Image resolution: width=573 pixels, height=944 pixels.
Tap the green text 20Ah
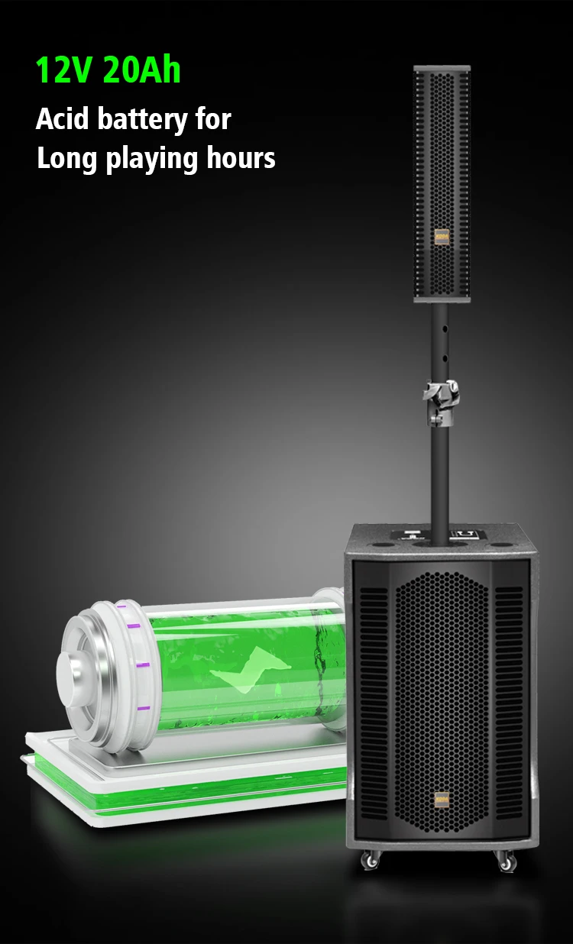click(141, 70)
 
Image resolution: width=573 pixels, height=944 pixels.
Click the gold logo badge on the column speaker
click(442, 236)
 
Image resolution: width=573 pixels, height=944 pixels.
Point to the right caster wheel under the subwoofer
click(506, 861)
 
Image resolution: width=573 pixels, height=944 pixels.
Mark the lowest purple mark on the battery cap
click(141, 710)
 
